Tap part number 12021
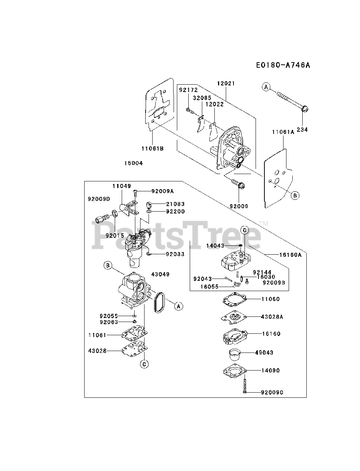[226, 84]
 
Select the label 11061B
[152, 149]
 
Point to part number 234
[303, 130]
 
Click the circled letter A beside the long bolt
[266, 87]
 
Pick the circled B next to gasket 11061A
[295, 195]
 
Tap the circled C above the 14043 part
[245, 230]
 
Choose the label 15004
[133, 163]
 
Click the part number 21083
[175, 204]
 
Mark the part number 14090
[270, 371]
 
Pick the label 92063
[108, 322]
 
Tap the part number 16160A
[290, 254]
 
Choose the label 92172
[188, 90]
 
